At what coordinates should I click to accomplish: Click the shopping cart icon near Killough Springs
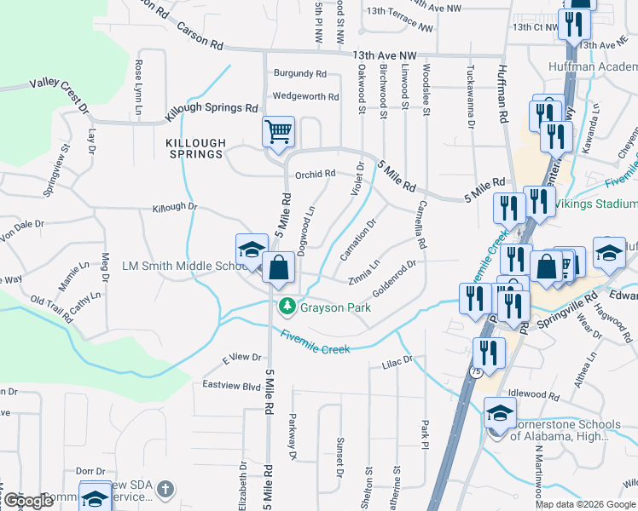[278, 132]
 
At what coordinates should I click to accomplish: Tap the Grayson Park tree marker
[287, 306]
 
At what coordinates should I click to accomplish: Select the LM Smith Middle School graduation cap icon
[252, 250]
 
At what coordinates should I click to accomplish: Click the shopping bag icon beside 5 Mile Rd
[279, 267]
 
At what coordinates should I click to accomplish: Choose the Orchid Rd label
[315, 175]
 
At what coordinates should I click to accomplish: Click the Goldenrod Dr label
[394, 276]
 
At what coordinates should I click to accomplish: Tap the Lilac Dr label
[396, 360]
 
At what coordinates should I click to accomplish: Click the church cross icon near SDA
[165, 489]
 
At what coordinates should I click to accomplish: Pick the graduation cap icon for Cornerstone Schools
[500, 415]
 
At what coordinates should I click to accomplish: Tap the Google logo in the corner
[27, 501]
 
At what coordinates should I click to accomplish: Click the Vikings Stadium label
[596, 204]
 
